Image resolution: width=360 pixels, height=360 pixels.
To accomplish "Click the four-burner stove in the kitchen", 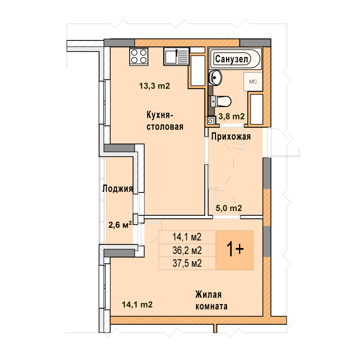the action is pos(139,56).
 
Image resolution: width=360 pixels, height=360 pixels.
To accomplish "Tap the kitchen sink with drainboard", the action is pos(176,56).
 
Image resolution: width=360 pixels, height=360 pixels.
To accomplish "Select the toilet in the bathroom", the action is pos(221,101).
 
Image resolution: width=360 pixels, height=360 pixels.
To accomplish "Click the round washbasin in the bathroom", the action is pos(215,78).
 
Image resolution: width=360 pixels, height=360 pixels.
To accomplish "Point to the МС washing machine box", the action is pos(253,82).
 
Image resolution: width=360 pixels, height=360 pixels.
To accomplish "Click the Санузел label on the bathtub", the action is pos(232,59).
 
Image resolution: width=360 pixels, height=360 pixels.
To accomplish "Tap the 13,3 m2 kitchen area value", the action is pos(155,86).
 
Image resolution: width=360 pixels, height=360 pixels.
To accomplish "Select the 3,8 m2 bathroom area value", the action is pos(231,116).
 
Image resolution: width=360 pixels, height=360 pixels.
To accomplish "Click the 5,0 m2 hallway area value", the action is pos(229,208).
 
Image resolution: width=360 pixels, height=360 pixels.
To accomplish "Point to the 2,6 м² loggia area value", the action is pos(120,225).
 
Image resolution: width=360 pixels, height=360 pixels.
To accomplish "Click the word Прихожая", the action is pos(231,136).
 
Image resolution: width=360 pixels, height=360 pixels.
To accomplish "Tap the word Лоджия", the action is pos(118,188).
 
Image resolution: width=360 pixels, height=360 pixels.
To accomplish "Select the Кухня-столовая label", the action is pos(165,121).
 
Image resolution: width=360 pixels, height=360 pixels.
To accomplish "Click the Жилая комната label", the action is pos(211,300).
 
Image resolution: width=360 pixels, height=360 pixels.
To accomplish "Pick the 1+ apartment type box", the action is pos(234,250).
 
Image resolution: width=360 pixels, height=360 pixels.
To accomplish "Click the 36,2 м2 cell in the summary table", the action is pos(187,250).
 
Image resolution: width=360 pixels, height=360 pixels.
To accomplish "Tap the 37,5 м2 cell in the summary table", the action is pos(187,263).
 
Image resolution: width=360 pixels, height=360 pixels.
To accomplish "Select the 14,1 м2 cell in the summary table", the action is pos(187,237).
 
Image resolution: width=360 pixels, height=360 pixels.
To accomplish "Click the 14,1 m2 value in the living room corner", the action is pos(137,304).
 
